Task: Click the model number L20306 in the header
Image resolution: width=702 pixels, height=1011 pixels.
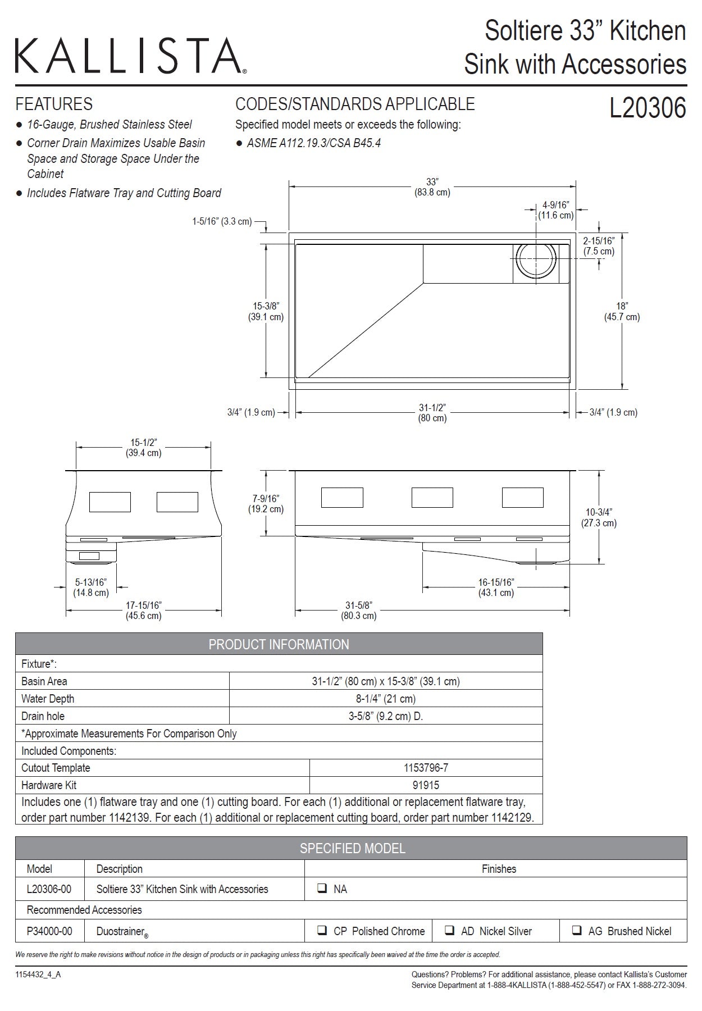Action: click(648, 108)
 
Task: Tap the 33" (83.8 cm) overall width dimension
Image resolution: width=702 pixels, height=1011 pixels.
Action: click(432, 187)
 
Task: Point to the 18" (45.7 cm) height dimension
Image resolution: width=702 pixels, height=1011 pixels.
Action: click(622, 312)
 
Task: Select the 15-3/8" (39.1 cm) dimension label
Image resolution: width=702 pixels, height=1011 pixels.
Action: click(266, 312)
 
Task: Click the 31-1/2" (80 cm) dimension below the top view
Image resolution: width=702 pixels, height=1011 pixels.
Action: click(432, 413)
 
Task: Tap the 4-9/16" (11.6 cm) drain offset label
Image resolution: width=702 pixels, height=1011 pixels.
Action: click(555, 210)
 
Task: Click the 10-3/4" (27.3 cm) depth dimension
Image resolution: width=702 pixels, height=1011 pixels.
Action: click(599, 517)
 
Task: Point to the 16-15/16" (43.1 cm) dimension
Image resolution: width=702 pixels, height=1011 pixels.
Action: click(496, 588)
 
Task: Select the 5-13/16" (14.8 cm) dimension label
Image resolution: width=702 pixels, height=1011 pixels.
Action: click(91, 588)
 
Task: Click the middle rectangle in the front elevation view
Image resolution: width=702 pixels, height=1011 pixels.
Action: click(432, 498)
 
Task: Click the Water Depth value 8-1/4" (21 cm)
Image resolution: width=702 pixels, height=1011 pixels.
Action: click(386, 699)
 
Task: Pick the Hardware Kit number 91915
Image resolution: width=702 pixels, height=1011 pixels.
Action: click(426, 785)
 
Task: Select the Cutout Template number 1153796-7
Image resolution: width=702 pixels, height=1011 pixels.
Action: click(426, 768)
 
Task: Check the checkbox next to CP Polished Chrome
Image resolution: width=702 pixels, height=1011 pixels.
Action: click(322, 930)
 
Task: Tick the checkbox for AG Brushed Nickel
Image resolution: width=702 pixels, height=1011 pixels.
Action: click(577, 930)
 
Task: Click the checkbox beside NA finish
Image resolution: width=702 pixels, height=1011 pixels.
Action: click(322, 889)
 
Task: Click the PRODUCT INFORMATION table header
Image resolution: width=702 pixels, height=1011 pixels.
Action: click(279, 644)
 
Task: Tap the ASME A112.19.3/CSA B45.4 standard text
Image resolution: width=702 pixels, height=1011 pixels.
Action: click(313, 143)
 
